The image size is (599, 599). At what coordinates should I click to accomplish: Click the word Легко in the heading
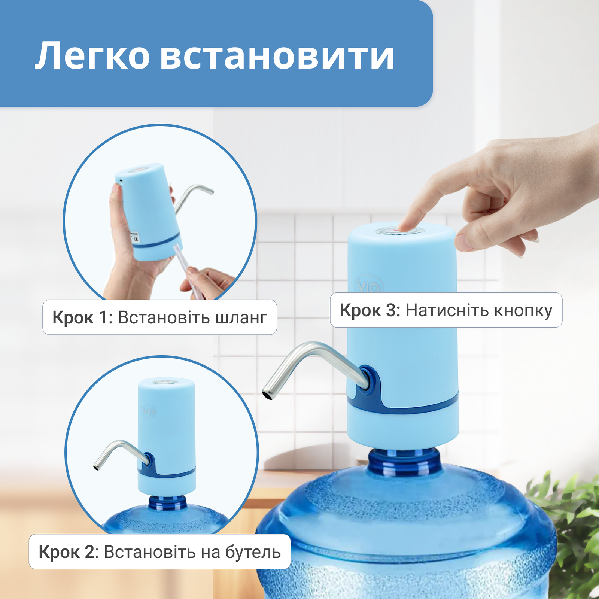pyautogui.click(x=92, y=56)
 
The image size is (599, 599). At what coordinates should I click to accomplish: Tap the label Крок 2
pyautogui.click(x=67, y=552)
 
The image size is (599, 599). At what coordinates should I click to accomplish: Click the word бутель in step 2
pyautogui.click(x=253, y=552)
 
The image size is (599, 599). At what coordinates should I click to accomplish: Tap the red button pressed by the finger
pyautogui.click(x=401, y=229)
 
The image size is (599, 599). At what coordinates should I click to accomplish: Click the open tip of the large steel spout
pyautogui.click(x=268, y=394)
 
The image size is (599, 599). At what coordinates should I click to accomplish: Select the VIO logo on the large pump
pyautogui.click(x=369, y=286)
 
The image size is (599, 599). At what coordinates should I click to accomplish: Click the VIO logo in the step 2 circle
pyautogui.click(x=149, y=412)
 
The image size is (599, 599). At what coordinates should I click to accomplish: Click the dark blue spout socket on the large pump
pyautogui.click(x=367, y=380)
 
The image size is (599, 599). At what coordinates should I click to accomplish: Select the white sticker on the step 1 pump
pyautogui.click(x=134, y=237)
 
